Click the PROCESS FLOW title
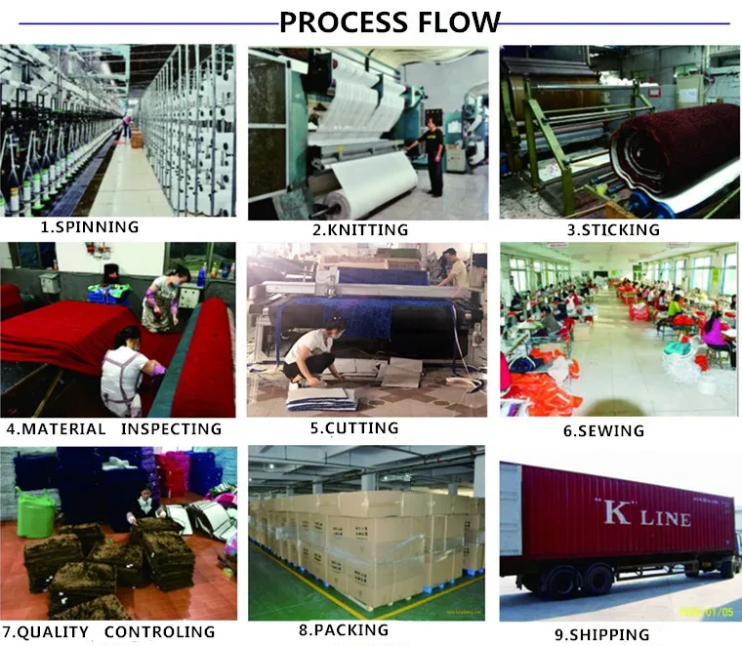(390, 21)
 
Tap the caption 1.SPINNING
(89, 227)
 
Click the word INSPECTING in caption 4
(172, 428)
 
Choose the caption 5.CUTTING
(354, 427)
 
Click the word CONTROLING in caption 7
(159, 631)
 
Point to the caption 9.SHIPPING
(601, 634)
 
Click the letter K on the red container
(617, 514)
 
